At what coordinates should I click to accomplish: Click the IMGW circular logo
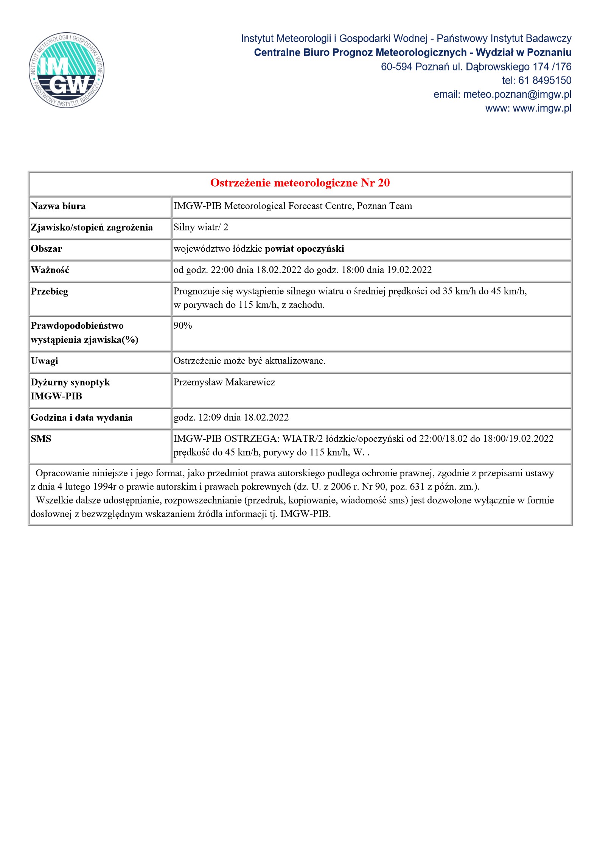pos(67,70)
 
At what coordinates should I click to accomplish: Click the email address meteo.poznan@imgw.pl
pos(517,94)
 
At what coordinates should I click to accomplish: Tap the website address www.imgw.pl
pos(542,108)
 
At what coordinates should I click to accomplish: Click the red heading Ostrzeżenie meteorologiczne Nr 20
pos(300,183)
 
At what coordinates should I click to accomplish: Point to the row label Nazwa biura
pos(58,206)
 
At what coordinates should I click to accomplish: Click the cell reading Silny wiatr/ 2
pos(201,227)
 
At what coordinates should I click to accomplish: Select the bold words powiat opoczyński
pos(304,249)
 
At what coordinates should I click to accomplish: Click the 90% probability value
pos(183,326)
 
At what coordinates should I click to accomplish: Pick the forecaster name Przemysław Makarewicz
pos(224,382)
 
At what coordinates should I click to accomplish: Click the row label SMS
pos(41,439)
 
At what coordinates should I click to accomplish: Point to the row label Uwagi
pos(44,361)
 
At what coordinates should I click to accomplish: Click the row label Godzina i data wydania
pos(82,418)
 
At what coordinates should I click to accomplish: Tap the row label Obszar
pos(46,249)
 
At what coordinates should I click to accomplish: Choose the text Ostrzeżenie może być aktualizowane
pos(249,361)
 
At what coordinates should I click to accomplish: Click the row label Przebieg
pos(49,292)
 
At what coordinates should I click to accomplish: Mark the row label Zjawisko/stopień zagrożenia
pos(92,228)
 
